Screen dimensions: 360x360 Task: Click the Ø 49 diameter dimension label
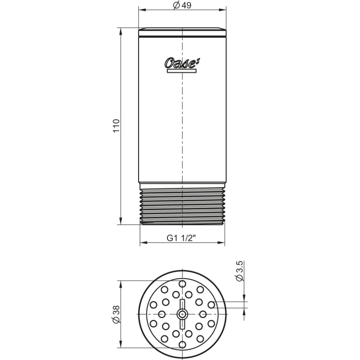(x=182, y=5)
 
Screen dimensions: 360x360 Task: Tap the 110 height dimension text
(x=117, y=126)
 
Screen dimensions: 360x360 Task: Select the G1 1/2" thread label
(x=181, y=238)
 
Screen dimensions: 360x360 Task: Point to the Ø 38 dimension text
(x=117, y=314)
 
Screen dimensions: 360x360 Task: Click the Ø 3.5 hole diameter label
(x=239, y=271)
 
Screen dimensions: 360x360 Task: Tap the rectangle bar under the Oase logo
(x=182, y=71)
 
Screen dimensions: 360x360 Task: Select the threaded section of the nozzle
(x=182, y=207)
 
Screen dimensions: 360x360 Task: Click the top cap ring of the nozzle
(x=182, y=32)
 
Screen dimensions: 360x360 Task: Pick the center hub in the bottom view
(x=182, y=314)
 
